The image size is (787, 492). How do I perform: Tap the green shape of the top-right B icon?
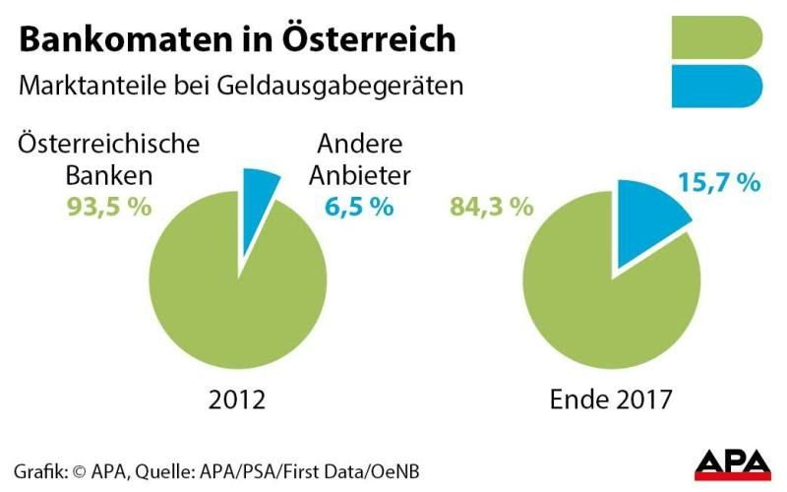click(715, 37)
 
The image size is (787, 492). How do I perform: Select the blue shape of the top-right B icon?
click(715, 87)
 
